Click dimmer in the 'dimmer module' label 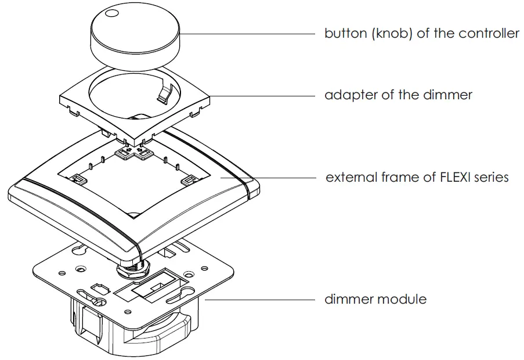(x=349, y=300)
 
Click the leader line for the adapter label (x=261, y=94)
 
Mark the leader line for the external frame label (x=284, y=177)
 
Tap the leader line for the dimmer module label (x=261, y=300)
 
